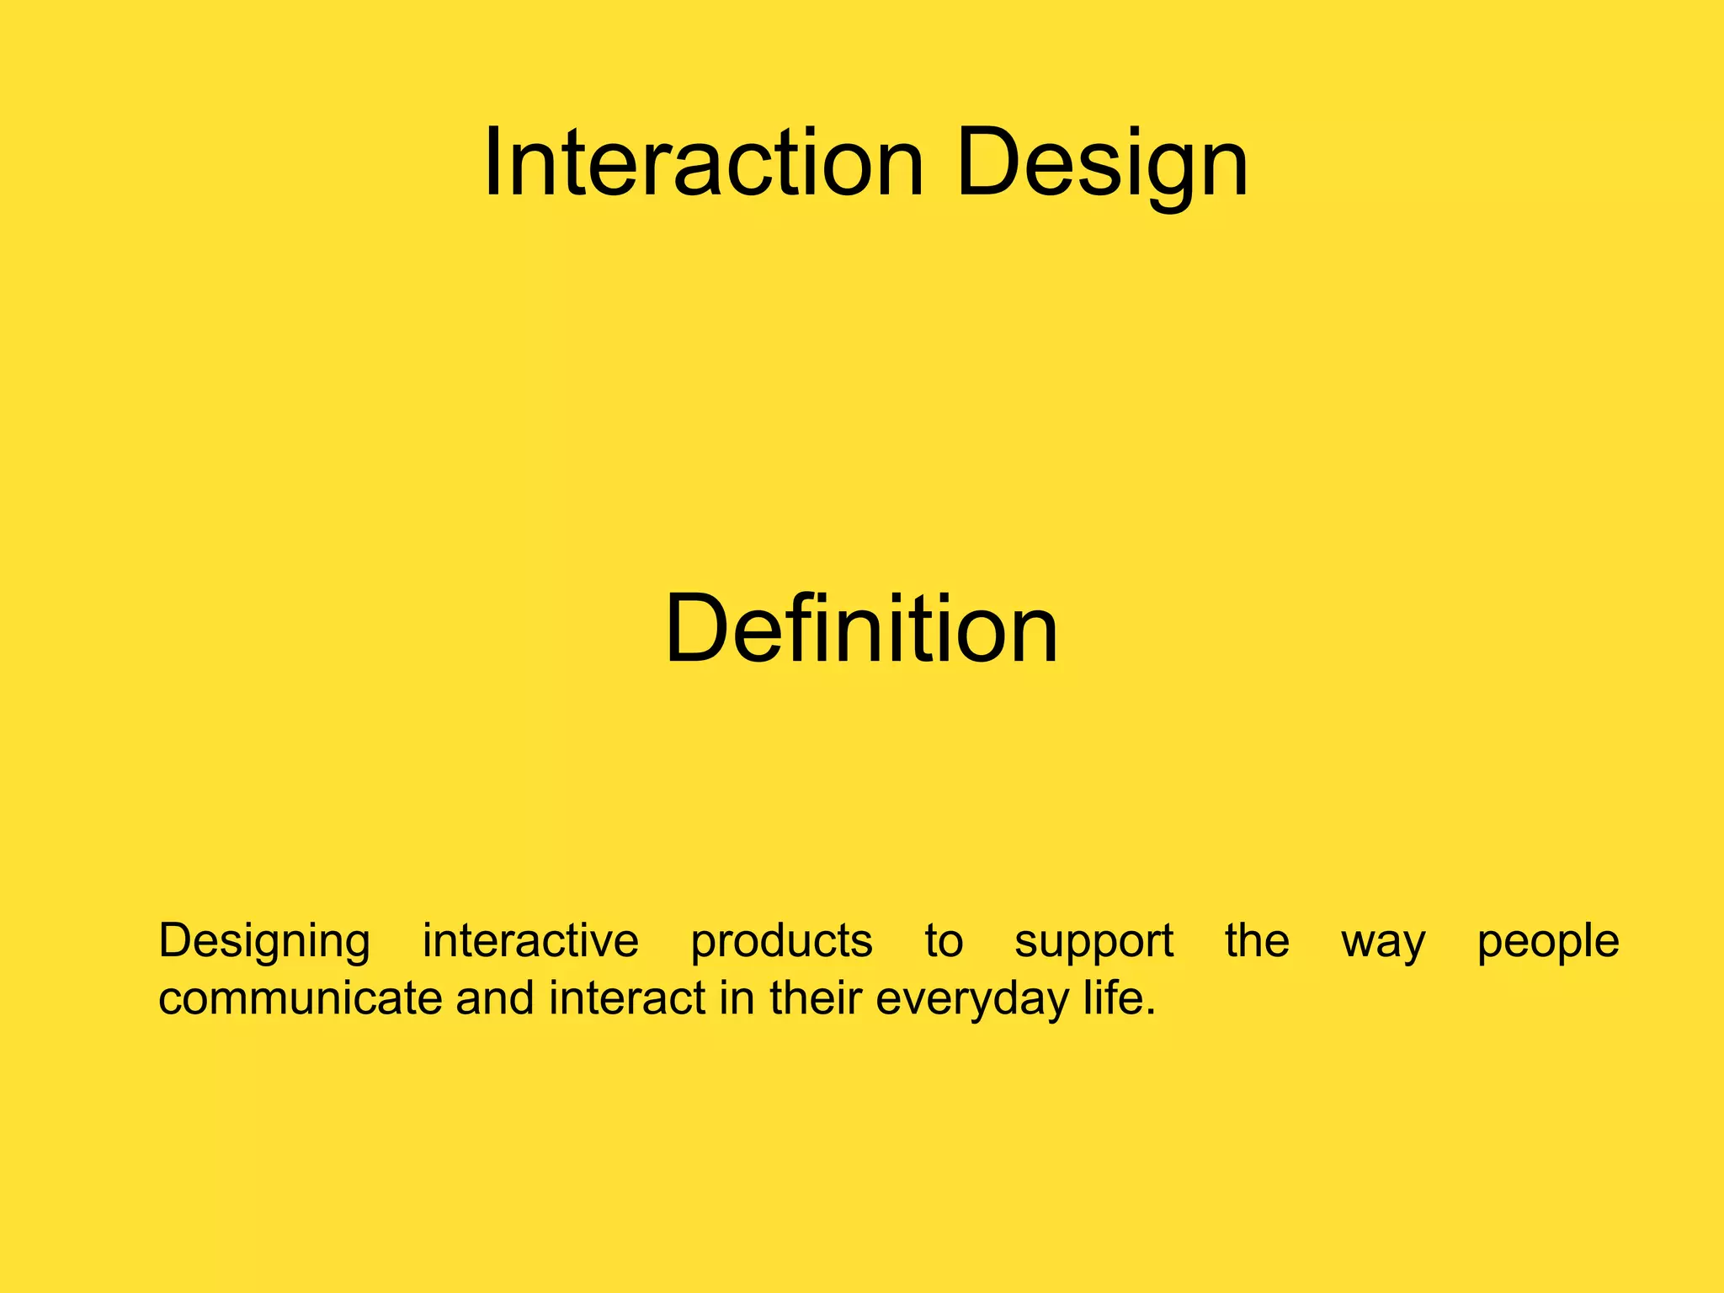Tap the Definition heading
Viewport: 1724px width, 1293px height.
pos(860,630)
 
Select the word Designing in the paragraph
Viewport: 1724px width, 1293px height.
pos(263,942)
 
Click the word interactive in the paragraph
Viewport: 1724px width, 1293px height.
pos(530,940)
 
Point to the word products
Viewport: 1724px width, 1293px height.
pos(781,942)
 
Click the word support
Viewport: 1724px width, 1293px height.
pos(1093,942)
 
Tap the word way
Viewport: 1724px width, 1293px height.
pos(1383,942)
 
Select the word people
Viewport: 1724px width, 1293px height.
pos(1547,942)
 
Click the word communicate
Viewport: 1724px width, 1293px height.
pos(300,999)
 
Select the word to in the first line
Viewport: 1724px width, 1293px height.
pos(943,942)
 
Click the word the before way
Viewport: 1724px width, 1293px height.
pos(1256,940)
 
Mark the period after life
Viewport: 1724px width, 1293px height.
pos(1151,1013)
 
